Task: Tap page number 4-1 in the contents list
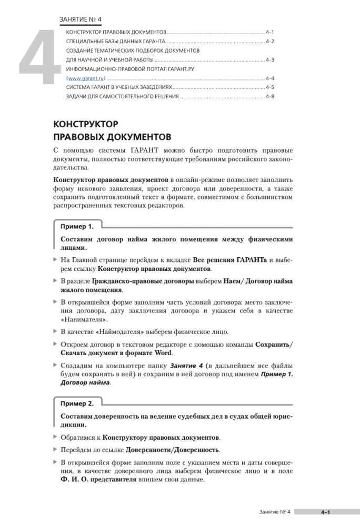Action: tap(271, 32)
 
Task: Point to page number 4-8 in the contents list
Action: tap(271, 97)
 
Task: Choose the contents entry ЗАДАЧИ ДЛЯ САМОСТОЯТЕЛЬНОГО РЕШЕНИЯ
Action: tap(122, 97)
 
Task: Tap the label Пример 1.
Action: tap(77, 227)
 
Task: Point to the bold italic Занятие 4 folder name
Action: tap(185, 365)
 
